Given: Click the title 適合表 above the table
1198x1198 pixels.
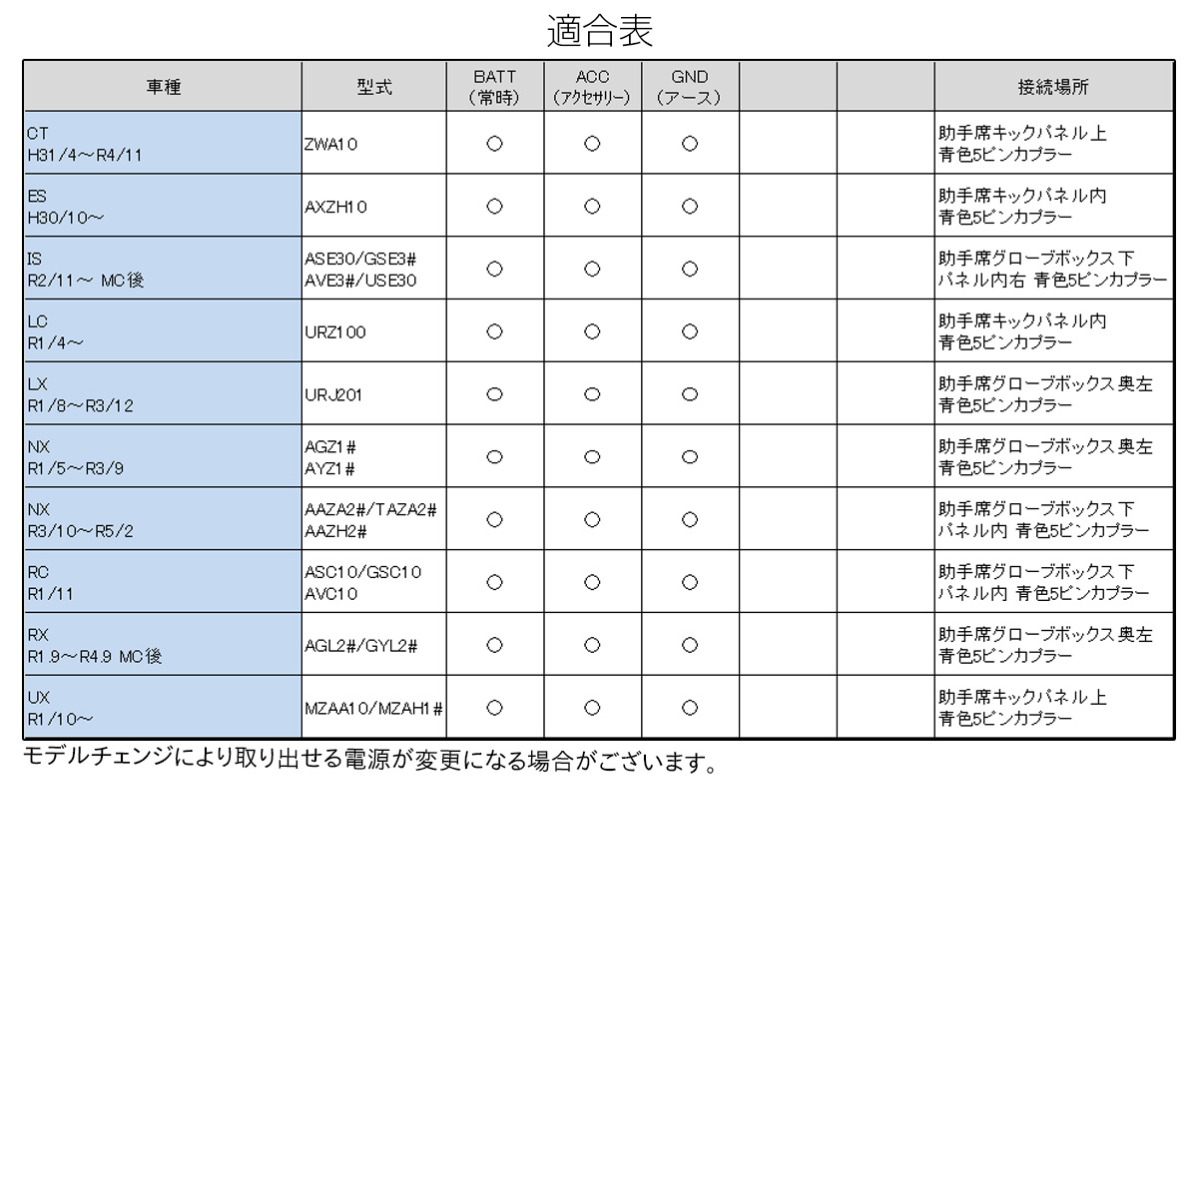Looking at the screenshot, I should (599, 31).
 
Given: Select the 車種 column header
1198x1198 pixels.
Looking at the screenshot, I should (163, 87).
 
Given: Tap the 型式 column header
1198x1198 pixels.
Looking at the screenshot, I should (374, 87).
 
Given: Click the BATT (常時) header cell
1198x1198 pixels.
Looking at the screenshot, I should (494, 87).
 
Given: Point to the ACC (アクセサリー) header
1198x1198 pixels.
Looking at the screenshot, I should (592, 87).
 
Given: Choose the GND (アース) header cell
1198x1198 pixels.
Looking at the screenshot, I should (690, 87).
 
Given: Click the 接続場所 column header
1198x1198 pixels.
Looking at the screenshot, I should (1053, 87).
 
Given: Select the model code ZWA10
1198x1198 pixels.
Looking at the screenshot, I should (330, 144).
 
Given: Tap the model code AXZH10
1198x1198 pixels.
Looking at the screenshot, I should (335, 207).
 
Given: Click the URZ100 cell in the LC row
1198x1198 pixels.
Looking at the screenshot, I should (335, 332).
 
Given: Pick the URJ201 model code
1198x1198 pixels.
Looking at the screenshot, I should (333, 395).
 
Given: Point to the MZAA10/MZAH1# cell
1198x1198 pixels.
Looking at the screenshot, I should (373, 709).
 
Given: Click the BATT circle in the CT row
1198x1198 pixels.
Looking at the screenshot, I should (494, 144).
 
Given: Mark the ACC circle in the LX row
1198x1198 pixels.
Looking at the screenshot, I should (592, 394).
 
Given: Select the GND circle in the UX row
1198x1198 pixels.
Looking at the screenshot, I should (690, 708).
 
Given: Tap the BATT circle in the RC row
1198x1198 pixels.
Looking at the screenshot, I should (494, 582).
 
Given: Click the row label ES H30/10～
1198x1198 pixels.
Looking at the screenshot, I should (66, 207).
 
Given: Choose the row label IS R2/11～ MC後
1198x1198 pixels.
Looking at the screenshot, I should (86, 270).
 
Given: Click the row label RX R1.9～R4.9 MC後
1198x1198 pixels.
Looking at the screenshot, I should (94, 646).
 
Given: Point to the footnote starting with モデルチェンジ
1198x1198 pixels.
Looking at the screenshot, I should (370, 762).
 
